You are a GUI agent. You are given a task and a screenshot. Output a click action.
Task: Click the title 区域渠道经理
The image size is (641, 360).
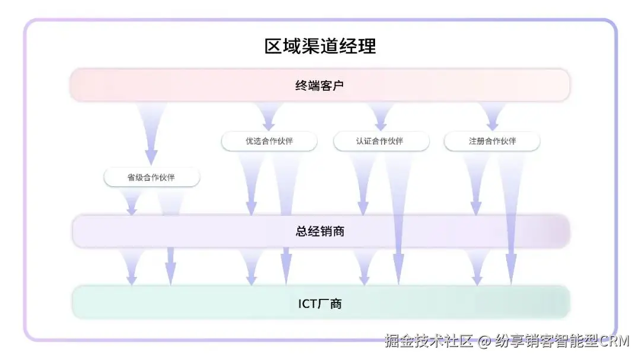[x=320, y=46]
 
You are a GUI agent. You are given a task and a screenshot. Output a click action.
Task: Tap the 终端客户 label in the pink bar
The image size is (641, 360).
[x=320, y=85]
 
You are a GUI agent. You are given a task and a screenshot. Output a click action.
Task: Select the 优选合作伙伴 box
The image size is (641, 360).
[x=269, y=141]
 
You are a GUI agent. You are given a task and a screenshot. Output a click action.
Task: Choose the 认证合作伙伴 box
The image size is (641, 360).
[x=380, y=141]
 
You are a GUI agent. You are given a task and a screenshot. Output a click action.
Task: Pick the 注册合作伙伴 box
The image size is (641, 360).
[x=492, y=141]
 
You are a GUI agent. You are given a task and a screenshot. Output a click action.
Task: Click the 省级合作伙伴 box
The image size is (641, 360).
[x=151, y=177]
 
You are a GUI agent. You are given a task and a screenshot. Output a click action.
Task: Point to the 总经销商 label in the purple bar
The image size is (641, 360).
[x=320, y=231]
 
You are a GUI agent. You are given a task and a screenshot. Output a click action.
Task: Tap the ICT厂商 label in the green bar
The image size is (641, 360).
[x=320, y=304]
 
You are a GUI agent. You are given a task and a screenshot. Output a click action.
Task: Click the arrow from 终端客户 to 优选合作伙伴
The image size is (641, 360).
[x=269, y=116]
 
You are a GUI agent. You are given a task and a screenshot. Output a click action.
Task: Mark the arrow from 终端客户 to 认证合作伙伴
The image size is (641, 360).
[x=380, y=116]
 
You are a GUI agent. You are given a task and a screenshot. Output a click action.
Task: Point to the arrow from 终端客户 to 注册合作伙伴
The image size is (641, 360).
[x=492, y=116]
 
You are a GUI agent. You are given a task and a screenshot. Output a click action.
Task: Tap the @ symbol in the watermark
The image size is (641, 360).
[x=485, y=342]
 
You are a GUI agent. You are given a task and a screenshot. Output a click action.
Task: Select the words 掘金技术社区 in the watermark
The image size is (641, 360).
[x=429, y=342]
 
